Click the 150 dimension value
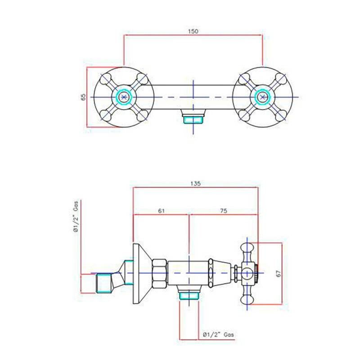193,31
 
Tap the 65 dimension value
83,97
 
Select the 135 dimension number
195,184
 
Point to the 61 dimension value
161,211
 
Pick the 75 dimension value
223,211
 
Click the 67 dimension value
279,274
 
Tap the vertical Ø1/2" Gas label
76,216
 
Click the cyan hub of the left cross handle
124,97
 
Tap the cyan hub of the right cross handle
262,97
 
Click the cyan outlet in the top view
193,120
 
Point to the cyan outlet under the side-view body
189,296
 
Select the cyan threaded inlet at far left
104,283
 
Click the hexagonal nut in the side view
159,273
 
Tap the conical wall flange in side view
142,273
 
